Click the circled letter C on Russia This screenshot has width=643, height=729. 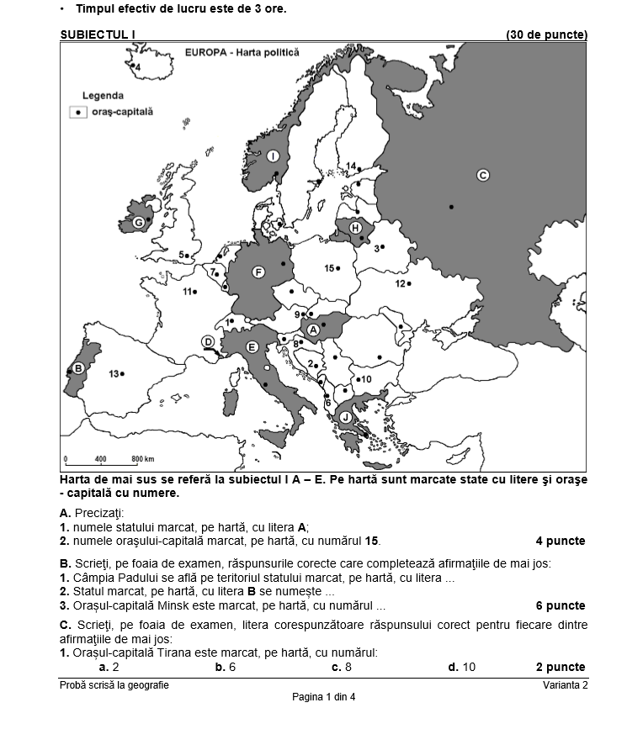coord(483,175)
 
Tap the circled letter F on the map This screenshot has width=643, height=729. coord(258,272)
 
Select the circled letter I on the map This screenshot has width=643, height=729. coord(273,156)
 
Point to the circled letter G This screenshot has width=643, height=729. coord(138,223)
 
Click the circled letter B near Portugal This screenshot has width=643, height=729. coord(78,367)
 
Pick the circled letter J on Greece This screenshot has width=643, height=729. coord(345,417)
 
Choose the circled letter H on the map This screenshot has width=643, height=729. coord(355,228)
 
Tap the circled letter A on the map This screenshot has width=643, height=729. coord(312,330)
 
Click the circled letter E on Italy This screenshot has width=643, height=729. coord(251,346)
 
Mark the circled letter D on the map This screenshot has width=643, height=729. coord(207,341)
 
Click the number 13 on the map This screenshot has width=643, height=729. coord(114,373)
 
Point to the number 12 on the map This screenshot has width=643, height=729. coord(401,284)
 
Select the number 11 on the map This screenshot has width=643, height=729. coord(188,292)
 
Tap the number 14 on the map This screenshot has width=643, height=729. coord(351,166)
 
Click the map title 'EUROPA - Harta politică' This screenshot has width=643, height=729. coord(241,52)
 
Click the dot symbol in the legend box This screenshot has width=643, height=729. coord(77,111)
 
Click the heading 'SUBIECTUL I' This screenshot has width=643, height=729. coord(98,34)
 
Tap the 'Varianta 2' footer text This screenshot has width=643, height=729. coord(565,685)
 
